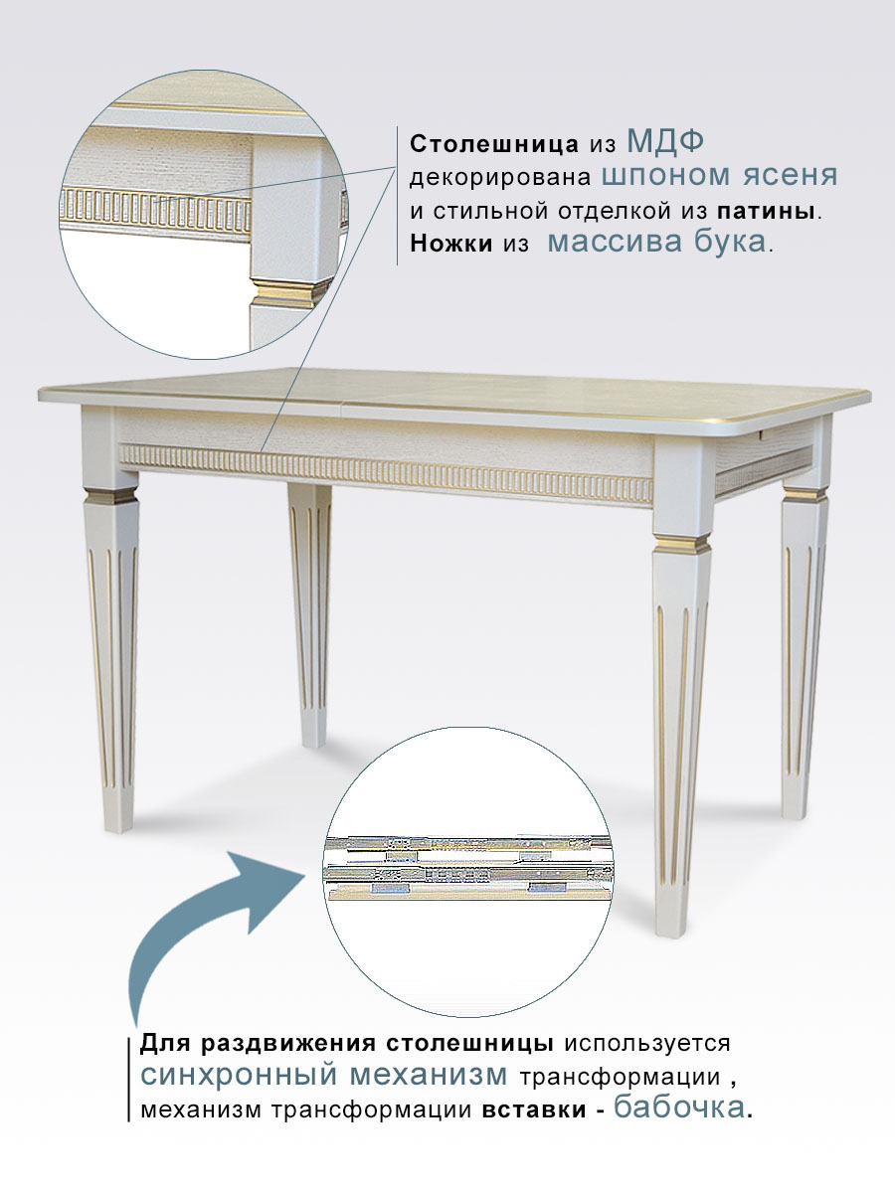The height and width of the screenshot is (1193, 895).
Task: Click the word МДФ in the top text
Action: pyautogui.click(x=665, y=141)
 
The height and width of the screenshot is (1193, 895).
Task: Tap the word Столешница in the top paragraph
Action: pyautogui.click(x=494, y=143)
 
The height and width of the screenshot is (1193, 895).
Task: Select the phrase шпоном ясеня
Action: pyautogui.click(x=720, y=176)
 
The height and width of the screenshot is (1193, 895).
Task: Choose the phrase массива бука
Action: pyautogui.click(x=656, y=243)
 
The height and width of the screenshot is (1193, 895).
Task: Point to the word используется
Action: pyautogui.click(x=647, y=1044)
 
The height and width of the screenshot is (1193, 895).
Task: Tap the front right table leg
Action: pyautogui.click(x=681, y=716)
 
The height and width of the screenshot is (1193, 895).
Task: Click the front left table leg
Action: pyautogui.click(x=112, y=656)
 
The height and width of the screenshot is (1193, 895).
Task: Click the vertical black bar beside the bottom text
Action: pyautogui.click(x=129, y=1080)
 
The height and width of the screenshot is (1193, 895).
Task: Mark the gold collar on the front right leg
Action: pyautogui.click(x=681, y=544)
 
